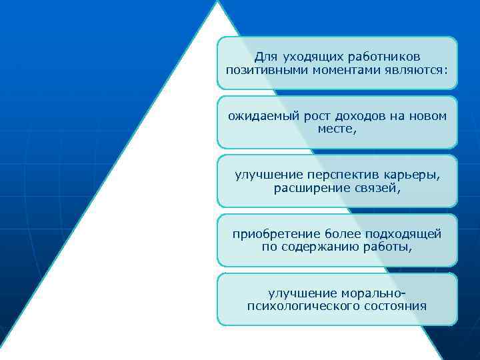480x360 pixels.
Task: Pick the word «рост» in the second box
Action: click(309, 116)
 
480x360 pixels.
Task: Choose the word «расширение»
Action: click(309, 188)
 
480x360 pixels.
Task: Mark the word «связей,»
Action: click(377, 188)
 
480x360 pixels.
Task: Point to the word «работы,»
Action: click(387, 247)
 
